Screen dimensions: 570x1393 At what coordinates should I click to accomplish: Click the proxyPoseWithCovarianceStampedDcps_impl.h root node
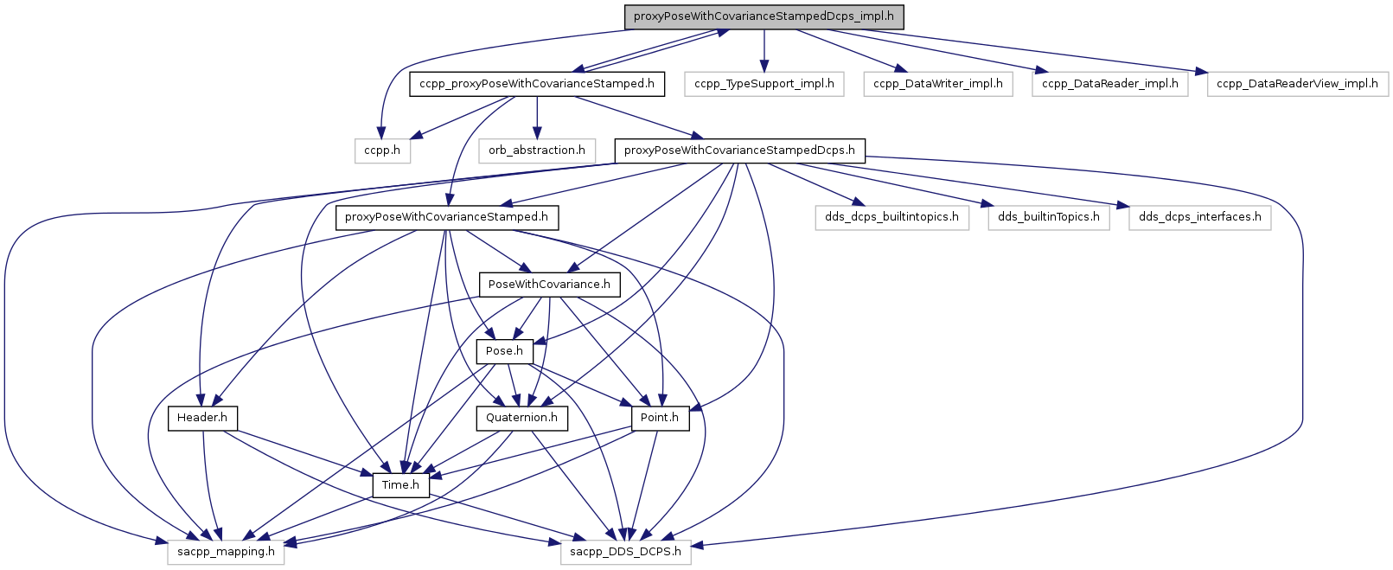pos(764,16)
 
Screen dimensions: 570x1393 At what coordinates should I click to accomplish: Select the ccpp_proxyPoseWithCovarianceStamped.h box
pos(537,84)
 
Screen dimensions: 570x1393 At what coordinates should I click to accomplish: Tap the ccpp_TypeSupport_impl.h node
pos(764,84)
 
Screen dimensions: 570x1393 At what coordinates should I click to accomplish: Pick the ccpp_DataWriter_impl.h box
pos(938,84)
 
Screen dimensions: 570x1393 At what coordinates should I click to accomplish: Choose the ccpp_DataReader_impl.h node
pos(1110,84)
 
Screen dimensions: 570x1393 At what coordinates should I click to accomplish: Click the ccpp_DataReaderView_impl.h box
pos(1297,84)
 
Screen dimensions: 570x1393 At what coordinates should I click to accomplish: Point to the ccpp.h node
pos(382,151)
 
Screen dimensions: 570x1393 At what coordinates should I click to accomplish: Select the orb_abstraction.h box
pos(537,151)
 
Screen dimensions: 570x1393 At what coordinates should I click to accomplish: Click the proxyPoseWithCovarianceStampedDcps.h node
pos(739,151)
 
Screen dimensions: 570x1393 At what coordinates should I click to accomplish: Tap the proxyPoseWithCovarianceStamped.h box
pos(447,217)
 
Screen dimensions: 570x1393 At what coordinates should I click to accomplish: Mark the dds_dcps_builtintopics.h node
pos(891,217)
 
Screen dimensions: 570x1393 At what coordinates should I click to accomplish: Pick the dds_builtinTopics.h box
pos(1049,217)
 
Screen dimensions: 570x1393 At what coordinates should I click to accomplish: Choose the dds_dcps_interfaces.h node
pos(1199,217)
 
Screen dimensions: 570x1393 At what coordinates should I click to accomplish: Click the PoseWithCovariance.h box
pos(549,285)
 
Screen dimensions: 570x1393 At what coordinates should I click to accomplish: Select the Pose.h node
pos(504,351)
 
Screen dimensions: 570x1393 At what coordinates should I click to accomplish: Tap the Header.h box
pos(202,418)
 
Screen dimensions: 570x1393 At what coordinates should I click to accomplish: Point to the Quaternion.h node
pos(521,418)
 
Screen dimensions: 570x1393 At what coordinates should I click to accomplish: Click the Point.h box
pos(660,418)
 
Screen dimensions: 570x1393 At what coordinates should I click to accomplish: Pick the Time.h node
pos(400,485)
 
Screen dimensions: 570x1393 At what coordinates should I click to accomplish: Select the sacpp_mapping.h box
pos(226,552)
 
